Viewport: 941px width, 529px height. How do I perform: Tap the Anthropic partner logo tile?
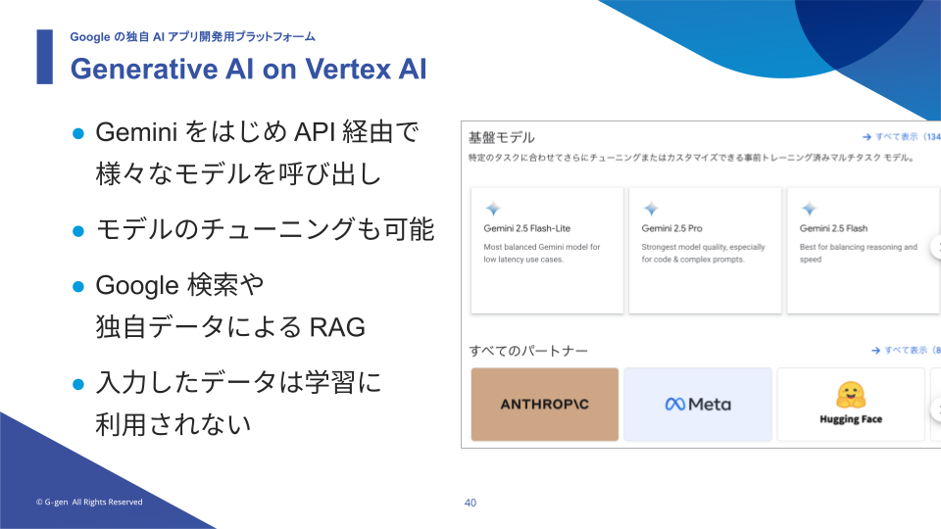(x=544, y=405)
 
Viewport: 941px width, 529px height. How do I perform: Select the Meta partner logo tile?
(x=697, y=405)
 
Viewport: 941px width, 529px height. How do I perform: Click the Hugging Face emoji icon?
(x=851, y=395)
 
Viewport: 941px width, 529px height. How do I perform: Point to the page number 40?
(x=470, y=503)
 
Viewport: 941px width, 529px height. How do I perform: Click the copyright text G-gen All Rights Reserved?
(x=89, y=502)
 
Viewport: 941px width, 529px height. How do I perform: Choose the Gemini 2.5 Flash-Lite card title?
(x=527, y=228)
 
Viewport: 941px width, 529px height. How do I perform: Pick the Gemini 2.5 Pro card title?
(x=671, y=228)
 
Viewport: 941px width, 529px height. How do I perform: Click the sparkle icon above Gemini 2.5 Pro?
(x=651, y=208)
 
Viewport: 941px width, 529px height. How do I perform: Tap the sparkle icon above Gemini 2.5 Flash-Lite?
(x=493, y=208)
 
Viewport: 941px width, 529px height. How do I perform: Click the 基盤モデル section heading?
(x=502, y=137)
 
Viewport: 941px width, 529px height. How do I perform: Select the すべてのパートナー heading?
(x=528, y=351)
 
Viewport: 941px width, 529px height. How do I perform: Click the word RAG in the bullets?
(x=337, y=327)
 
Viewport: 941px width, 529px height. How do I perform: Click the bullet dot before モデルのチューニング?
(x=78, y=231)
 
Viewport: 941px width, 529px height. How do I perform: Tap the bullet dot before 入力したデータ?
(x=78, y=384)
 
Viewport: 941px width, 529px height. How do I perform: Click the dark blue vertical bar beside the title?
(x=44, y=57)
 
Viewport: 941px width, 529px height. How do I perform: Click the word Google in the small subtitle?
(x=90, y=37)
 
